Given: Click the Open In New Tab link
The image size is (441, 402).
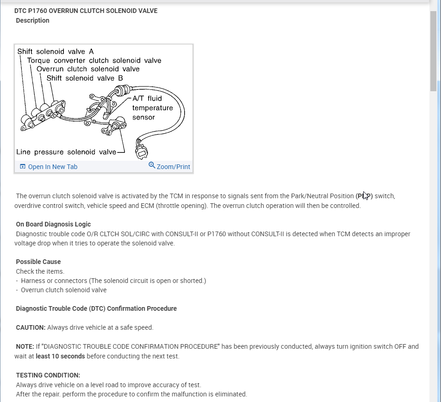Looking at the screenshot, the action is click(x=52, y=167).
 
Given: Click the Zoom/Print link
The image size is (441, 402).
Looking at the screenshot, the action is click(x=173, y=167).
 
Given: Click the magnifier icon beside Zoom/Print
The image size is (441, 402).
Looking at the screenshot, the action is click(x=152, y=165).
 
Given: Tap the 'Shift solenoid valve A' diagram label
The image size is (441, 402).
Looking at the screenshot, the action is click(x=56, y=51).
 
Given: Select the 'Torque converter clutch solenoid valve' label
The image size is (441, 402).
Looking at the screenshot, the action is click(x=94, y=60).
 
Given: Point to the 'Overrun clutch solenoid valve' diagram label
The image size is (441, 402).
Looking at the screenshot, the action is click(x=88, y=69).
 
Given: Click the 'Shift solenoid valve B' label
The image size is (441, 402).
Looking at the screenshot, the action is click(x=85, y=78).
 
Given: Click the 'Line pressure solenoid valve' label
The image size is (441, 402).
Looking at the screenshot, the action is click(x=66, y=152).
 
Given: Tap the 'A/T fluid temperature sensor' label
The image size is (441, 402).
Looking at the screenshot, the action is click(x=152, y=108).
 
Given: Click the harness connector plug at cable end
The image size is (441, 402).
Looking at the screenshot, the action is click(x=141, y=149).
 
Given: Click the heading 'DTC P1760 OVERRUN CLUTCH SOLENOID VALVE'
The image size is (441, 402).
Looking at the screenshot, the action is click(x=86, y=11).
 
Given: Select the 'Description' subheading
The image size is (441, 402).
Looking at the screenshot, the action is click(x=32, y=20).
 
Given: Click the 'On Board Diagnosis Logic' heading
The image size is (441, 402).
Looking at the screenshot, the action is click(x=53, y=225).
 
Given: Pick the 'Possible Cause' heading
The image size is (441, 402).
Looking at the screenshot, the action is click(x=38, y=262).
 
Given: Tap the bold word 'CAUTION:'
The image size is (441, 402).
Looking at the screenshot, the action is click(x=31, y=327).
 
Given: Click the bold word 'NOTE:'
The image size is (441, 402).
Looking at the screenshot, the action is click(x=25, y=346).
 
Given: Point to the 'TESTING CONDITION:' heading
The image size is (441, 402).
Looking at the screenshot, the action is click(x=48, y=375).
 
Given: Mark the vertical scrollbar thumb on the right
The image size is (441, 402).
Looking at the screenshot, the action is click(x=433, y=51).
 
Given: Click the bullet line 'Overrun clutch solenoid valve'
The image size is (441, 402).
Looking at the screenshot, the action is click(x=63, y=290).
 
